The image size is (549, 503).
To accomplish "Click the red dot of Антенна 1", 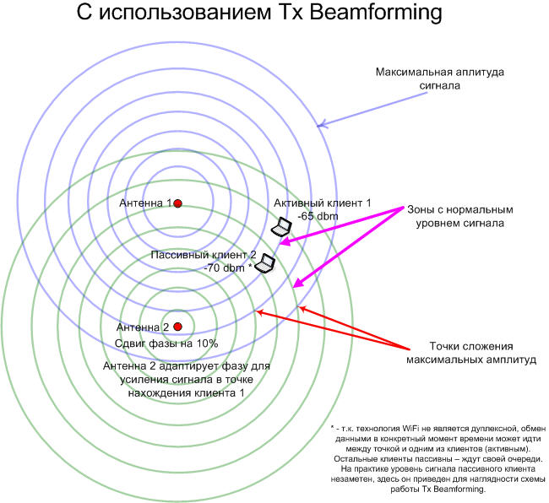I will tap(177, 203).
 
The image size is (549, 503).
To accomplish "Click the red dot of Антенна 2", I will tap(177, 327).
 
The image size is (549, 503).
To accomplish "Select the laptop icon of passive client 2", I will tap(266, 264).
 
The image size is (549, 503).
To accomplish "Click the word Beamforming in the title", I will tap(363, 14).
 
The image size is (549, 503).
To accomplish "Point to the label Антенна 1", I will tap(145, 203).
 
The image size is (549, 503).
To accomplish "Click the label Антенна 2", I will tap(143, 327).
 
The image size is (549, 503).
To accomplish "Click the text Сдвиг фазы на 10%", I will tap(166, 343).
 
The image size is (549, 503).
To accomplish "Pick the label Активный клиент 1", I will tap(322, 203).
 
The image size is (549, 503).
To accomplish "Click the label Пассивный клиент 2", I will tap(203, 254).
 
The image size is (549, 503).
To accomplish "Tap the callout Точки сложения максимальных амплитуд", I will tap(459, 353).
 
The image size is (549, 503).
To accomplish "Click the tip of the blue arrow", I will tap(318, 127).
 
